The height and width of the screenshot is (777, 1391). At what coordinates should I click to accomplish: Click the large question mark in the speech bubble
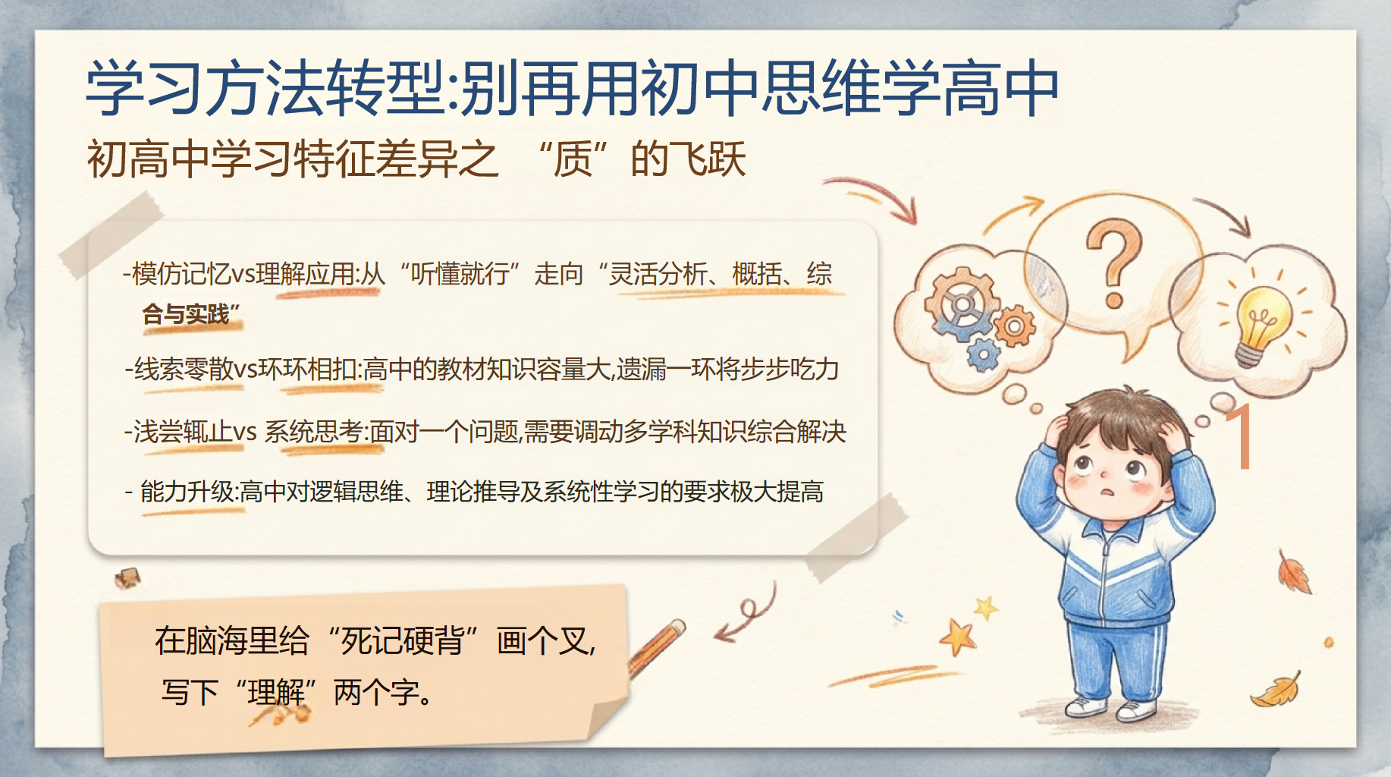(x=1113, y=262)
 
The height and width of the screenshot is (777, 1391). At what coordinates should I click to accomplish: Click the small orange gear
(x=1014, y=327)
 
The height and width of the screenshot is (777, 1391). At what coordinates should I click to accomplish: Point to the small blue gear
(x=984, y=354)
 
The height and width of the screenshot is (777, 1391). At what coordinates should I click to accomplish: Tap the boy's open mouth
(x=1109, y=491)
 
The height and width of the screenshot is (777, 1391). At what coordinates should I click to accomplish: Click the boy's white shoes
(x=1112, y=709)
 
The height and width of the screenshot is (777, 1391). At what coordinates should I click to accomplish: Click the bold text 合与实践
(x=186, y=313)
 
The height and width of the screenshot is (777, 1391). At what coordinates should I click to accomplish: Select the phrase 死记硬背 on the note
(x=402, y=641)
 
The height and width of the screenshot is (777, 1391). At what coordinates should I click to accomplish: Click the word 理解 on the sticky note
(x=276, y=692)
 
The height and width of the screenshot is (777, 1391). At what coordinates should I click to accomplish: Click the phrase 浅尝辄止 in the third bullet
(x=183, y=431)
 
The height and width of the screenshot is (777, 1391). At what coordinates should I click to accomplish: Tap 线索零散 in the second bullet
(x=184, y=370)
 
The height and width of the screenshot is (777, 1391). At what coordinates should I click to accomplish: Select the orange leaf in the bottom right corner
(x=1277, y=690)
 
